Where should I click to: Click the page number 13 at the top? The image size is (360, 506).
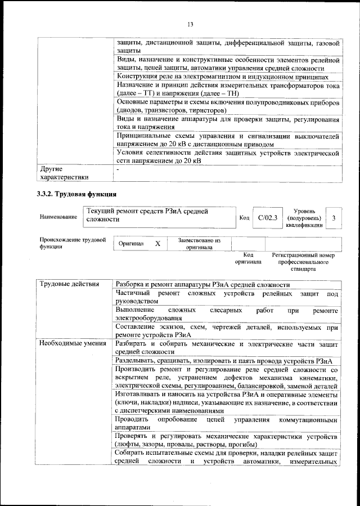pyautogui.click(x=190, y=24)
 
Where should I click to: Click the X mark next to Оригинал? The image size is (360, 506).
pyautogui.click(x=158, y=243)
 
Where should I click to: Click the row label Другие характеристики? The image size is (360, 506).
pyautogui.click(x=64, y=173)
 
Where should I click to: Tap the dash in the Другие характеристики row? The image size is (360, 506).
pyautogui.click(x=118, y=169)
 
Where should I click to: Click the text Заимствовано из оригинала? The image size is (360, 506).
pyautogui.click(x=199, y=243)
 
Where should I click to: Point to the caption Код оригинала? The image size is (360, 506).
pyautogui.click(x=248, y=258)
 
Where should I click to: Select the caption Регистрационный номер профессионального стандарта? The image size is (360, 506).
pyautogui.click(x=303, y=262)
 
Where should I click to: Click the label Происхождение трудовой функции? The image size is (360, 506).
pyautogui.click(x=73, y=243)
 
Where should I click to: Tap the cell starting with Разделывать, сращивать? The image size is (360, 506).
pyautogui.click(x=224, y=360)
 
